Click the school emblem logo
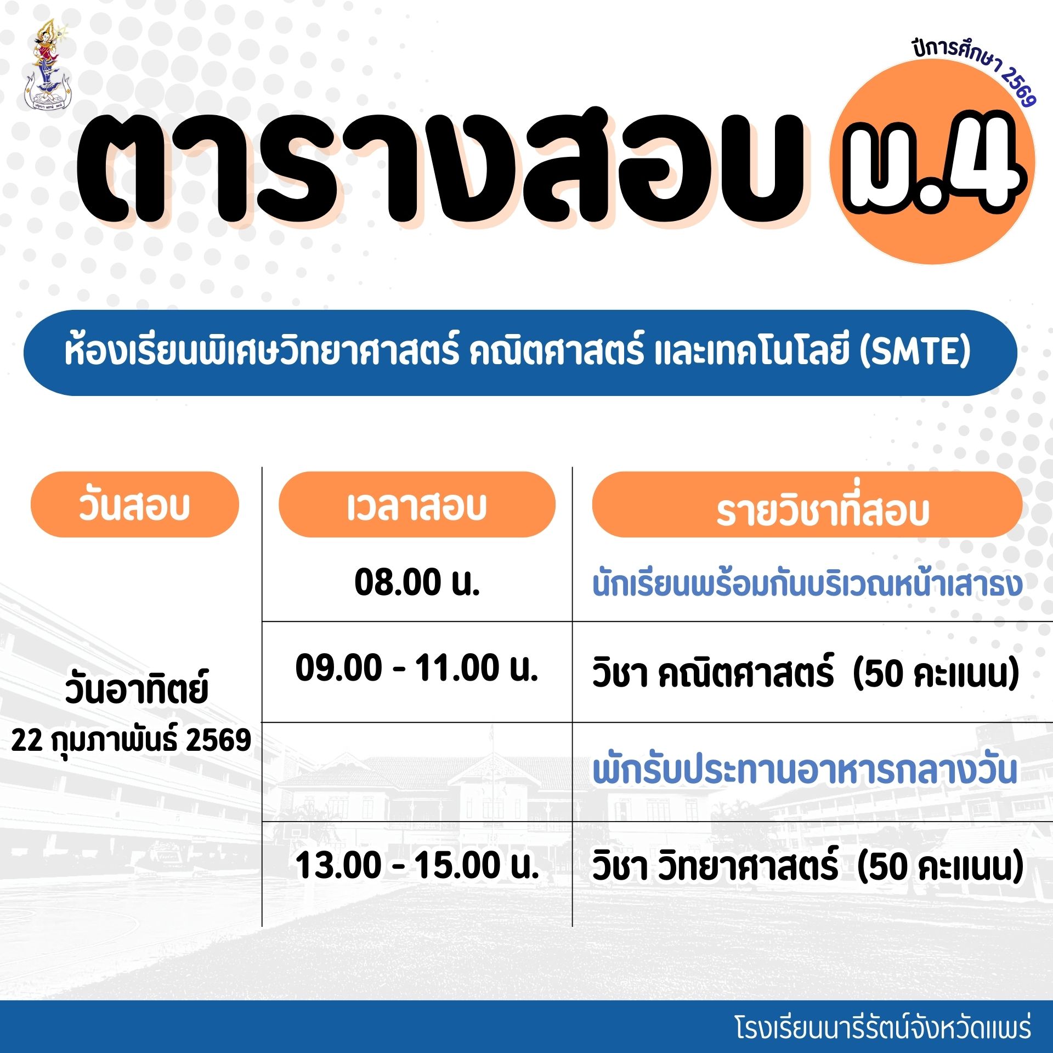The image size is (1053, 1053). (x=48, y=65)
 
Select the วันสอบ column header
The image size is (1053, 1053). (x=134, y=505)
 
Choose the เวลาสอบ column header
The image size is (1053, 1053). (x=417, y=505)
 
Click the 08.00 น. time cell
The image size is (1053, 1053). (x=417, y=582)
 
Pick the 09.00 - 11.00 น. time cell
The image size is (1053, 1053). (x=417, y=668)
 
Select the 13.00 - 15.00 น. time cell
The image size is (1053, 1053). (x=417, y=865)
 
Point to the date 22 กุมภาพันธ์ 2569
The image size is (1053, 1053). (x=131, y=740)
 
